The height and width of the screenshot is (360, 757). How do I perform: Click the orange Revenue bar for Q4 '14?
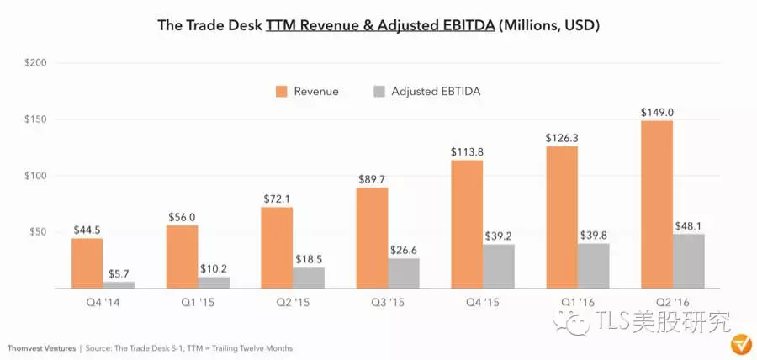87,263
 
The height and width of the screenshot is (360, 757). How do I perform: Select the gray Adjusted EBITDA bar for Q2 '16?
688,261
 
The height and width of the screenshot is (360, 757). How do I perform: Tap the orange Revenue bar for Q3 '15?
372,238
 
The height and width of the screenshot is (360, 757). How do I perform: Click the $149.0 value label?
656,112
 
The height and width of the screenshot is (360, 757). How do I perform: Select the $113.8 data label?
467,151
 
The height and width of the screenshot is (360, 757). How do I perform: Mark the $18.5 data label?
309,257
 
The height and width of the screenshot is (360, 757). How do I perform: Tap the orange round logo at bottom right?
740,345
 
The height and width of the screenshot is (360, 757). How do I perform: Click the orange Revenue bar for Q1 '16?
562,217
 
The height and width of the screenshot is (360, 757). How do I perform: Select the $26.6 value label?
404,248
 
